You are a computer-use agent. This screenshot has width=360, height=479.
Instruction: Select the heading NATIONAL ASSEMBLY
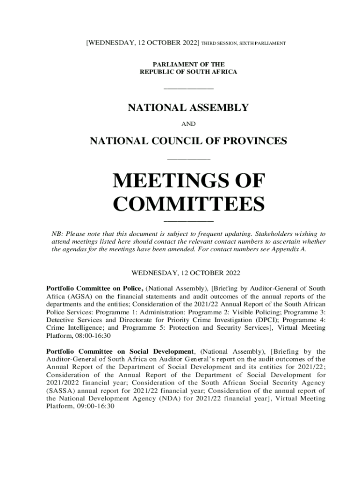[x=188, y=108]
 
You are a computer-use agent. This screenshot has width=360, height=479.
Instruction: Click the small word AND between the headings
[x=188, y=124]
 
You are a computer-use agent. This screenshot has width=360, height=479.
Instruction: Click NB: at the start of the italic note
[x=56, y=233]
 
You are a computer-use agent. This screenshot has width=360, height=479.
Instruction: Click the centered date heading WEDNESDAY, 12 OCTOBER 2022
[x=186, y=272]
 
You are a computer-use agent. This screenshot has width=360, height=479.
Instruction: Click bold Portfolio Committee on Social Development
[x=120, y=351]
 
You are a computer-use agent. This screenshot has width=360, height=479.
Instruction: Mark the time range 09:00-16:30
[x=93, y=406]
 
